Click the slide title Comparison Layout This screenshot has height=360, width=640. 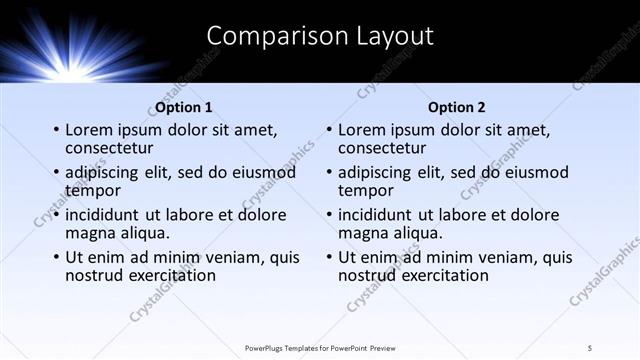click(x=320, y=36)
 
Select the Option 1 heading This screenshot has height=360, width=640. click(x=184, y=107)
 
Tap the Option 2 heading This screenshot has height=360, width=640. click(x=457, y=107)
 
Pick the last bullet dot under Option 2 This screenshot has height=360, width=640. click(x=328, y=257)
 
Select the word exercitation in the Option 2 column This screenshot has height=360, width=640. click(x=443, y=275)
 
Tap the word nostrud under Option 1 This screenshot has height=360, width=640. click(x=95, y=275)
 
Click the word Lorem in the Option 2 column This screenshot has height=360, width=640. click(x=361, y=130)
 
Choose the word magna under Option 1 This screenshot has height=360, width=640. click(x=89, y=233)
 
